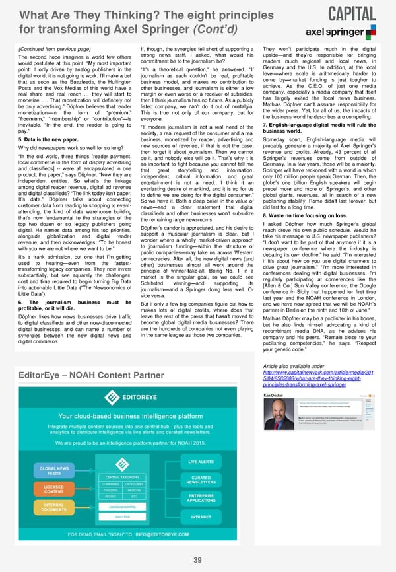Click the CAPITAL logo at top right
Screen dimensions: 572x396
(351, 13)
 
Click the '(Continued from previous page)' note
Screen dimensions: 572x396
(49, 48)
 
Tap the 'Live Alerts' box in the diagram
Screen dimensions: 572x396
(201, 461)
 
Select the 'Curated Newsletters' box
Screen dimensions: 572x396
(201, 480)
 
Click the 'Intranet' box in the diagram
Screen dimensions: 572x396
(201, 517)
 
